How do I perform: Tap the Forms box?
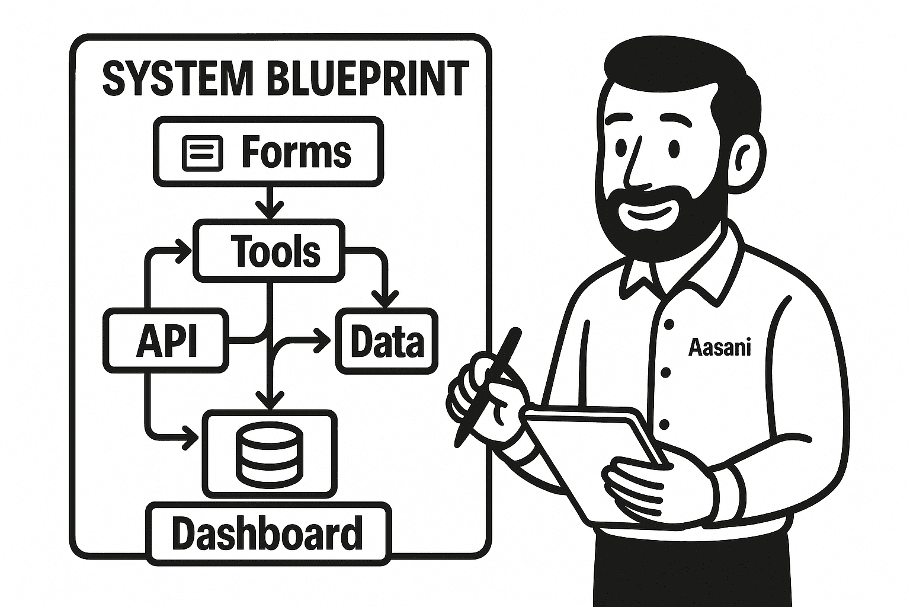click(268, 152)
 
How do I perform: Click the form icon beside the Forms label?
click(203, 152)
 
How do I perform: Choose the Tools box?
click(270, 250)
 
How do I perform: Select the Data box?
click(387, 341)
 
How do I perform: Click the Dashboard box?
click(268, 533)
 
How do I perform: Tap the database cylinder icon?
click(269, 453)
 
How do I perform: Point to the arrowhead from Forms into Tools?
click(270, 210)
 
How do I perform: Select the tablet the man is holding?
click(592, 456)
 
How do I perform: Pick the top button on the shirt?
click(669, 324)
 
